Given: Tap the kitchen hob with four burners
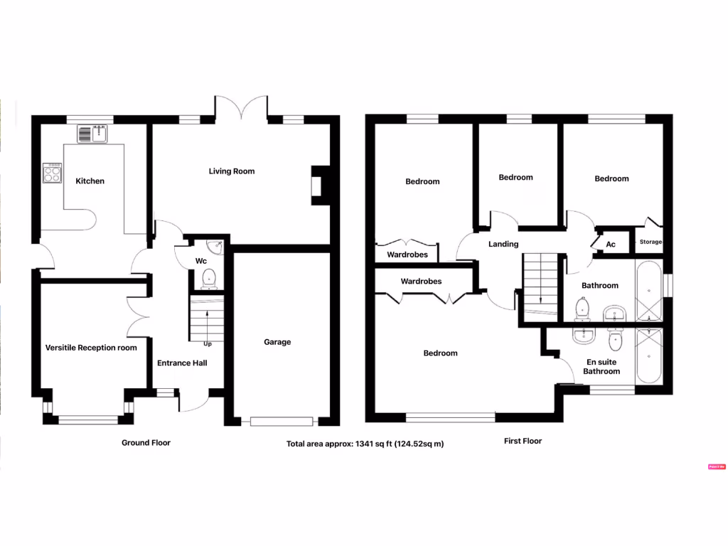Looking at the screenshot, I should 52,173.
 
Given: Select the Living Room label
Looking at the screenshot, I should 231,171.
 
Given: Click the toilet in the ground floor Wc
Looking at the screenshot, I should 209,279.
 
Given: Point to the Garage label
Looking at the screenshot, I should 277,342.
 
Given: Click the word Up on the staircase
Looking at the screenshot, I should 208,344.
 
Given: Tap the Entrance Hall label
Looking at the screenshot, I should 182,363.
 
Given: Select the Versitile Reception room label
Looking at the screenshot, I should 91,348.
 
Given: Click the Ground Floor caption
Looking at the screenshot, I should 146,442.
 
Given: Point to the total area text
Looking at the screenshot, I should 365,444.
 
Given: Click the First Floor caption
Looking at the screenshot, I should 523,441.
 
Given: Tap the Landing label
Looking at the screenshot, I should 503,244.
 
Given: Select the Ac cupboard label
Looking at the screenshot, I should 610,245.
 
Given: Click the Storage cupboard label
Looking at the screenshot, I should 651,242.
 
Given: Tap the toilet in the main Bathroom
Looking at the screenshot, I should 582,308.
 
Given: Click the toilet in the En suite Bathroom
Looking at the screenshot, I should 616,341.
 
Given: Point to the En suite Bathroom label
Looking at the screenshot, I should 601,366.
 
